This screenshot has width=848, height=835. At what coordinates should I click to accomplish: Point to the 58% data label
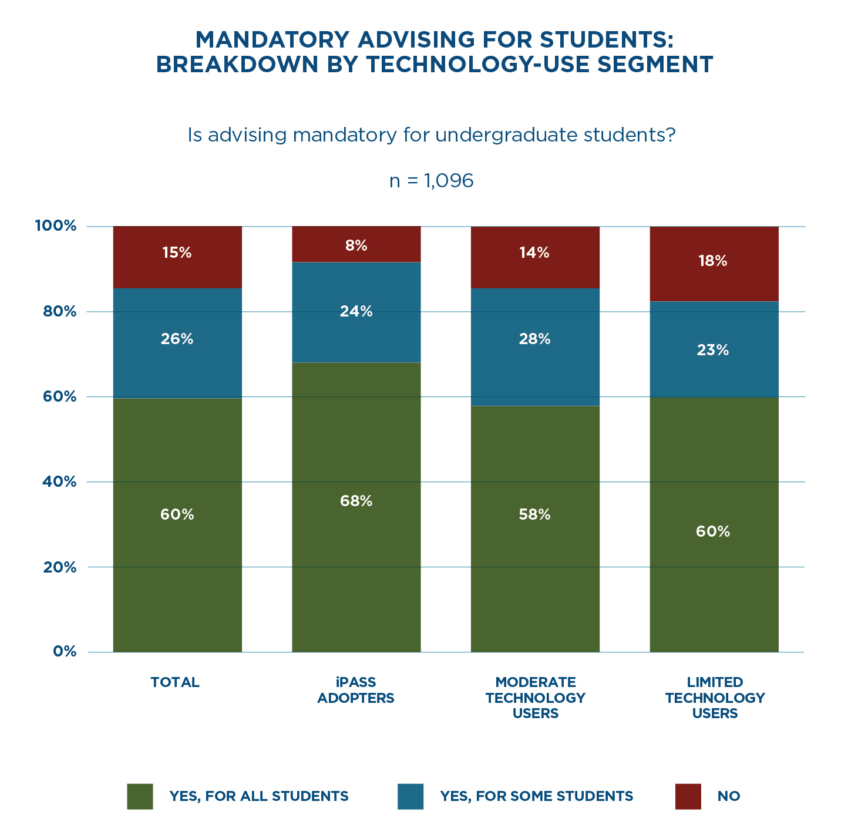click(534, 515)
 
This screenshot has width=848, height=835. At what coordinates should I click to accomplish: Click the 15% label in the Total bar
click(177, 252)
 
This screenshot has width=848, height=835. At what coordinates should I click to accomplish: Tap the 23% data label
click(713, 351)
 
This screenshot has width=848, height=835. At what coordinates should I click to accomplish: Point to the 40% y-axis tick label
click(59, 482)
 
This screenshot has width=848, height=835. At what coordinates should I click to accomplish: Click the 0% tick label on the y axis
click(65, 652)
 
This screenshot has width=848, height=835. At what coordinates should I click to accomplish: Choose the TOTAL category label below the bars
click(175, 682)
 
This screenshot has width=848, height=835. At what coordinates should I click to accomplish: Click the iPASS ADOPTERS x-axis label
click(356, 690)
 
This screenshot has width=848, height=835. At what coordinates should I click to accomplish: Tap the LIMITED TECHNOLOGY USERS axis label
click(715, 698)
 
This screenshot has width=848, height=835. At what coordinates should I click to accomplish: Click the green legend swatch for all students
click(140, 796)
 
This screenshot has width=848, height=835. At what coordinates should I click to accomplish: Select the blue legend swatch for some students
click(410, 796)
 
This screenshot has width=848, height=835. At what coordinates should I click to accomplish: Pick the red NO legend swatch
click(688, 796)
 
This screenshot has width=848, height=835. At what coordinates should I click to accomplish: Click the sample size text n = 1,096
click(432, 181)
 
